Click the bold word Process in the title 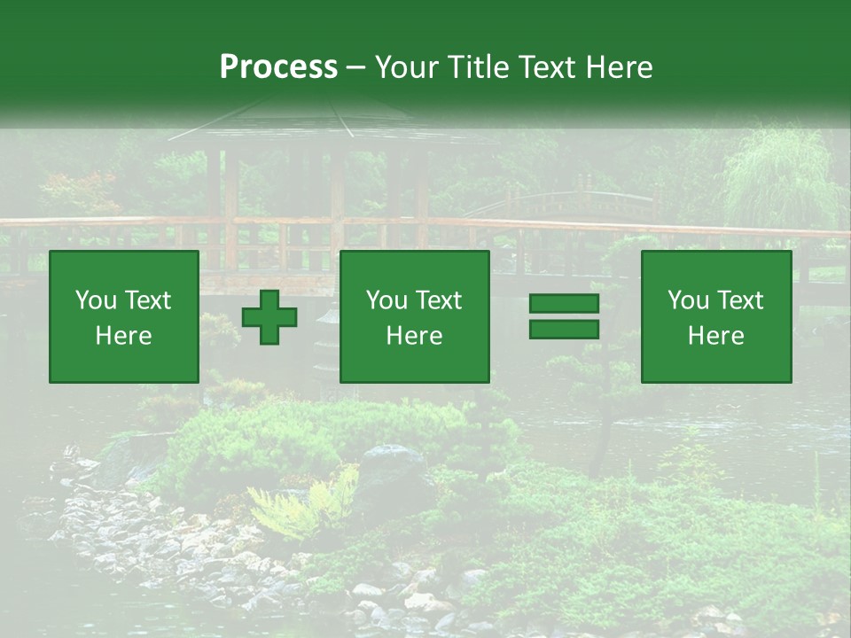coord(278,67)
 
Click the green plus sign coord(269,317)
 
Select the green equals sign coord(564,317)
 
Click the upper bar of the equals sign coord(564,304)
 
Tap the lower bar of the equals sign coord(564,330)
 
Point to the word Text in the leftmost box coord(147,300)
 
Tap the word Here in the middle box coord(415,336)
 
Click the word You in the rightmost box coord(688,300)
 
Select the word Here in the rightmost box coord(716,336)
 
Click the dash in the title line coord(356,68)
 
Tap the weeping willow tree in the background coord(780,177)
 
